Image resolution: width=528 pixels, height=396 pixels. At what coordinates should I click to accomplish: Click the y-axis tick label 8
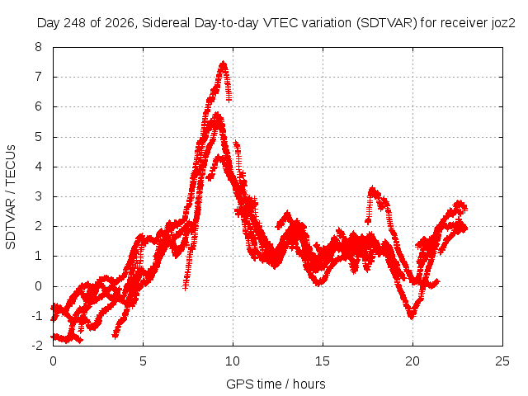pos(39,47)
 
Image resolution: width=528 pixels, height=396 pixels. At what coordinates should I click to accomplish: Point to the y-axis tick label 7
pos(39,77)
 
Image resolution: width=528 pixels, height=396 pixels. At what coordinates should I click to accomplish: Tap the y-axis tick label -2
pos(37,345)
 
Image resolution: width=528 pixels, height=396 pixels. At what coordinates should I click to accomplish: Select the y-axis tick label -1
pos(37,315)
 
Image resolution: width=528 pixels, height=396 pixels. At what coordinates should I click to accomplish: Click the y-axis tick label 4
pos(39,167)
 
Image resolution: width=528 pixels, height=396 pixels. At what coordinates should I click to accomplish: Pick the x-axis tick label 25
pos(502,361)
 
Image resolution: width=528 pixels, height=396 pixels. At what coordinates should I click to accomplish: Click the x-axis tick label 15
pos(323,361)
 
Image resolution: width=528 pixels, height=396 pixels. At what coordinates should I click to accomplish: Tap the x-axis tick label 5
pos(143,361)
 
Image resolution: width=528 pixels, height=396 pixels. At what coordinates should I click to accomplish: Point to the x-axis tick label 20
pos(412,361)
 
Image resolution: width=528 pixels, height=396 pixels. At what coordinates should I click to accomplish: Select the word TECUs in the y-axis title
pos(11,165)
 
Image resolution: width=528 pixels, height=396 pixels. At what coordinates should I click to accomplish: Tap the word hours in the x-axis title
pos(309,384)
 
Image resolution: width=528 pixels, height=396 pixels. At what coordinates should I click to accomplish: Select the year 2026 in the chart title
pos(120,23)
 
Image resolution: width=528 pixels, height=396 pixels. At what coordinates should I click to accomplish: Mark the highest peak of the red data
pos(224,63)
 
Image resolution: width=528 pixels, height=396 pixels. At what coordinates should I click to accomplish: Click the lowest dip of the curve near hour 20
pos(411,317)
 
